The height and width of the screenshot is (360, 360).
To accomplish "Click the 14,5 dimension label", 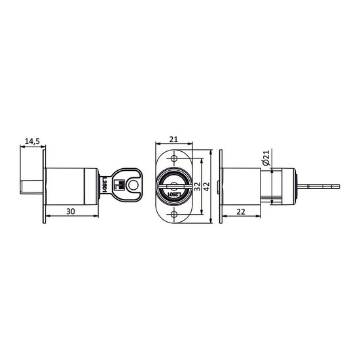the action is tap(32, 141).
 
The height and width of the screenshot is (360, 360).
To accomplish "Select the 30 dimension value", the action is tap(71, 211).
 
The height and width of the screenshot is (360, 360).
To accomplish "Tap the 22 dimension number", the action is tap(241, 211).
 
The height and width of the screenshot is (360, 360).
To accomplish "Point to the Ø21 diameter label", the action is tap(265, 158).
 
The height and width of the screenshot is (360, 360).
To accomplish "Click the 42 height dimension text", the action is tap(207, 187).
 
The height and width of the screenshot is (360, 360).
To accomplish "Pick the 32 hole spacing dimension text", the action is tap(197, 187).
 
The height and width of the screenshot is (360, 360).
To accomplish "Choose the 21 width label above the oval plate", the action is tap(173, 139).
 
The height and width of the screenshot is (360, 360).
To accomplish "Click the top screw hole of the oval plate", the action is tap(174, 158).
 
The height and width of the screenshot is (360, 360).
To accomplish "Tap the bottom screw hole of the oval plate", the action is tap(174, 215).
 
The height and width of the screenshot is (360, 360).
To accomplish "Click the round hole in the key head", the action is tap(132, 185).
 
